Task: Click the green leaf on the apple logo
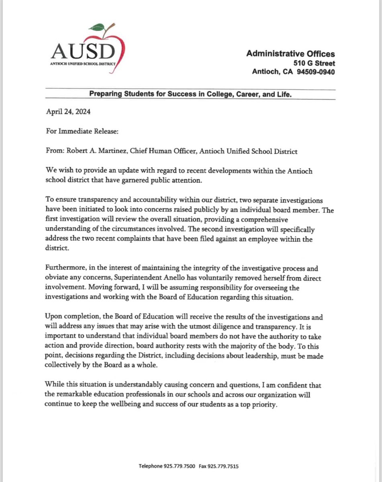pos(97,28)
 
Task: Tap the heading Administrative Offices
pos(290,54)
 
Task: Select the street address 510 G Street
pos(314,63)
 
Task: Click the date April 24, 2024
pos(68,112)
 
